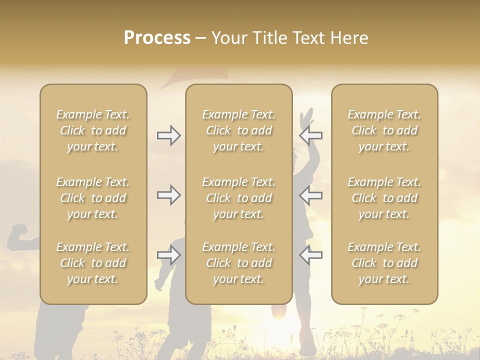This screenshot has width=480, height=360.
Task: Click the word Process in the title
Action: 157,38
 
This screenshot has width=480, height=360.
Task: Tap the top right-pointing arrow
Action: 169,135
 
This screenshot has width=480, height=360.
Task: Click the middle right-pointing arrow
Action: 169,195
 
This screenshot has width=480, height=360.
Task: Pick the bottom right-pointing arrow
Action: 169,255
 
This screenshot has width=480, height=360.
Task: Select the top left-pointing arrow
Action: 311,135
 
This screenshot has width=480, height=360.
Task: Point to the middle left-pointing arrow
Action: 311,195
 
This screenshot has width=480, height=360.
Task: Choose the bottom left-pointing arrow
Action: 311,255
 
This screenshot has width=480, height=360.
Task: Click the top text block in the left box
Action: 93,130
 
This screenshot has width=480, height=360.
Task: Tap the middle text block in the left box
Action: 93,198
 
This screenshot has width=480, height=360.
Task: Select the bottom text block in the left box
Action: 93,263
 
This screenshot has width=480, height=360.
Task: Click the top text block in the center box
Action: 238,130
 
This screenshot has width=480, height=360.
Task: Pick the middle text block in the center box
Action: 238,198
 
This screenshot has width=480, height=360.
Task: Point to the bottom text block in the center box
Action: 238,263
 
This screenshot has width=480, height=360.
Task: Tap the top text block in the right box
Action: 384,130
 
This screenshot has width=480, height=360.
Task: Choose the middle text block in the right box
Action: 384,198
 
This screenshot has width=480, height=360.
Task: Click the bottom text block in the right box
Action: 384,263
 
